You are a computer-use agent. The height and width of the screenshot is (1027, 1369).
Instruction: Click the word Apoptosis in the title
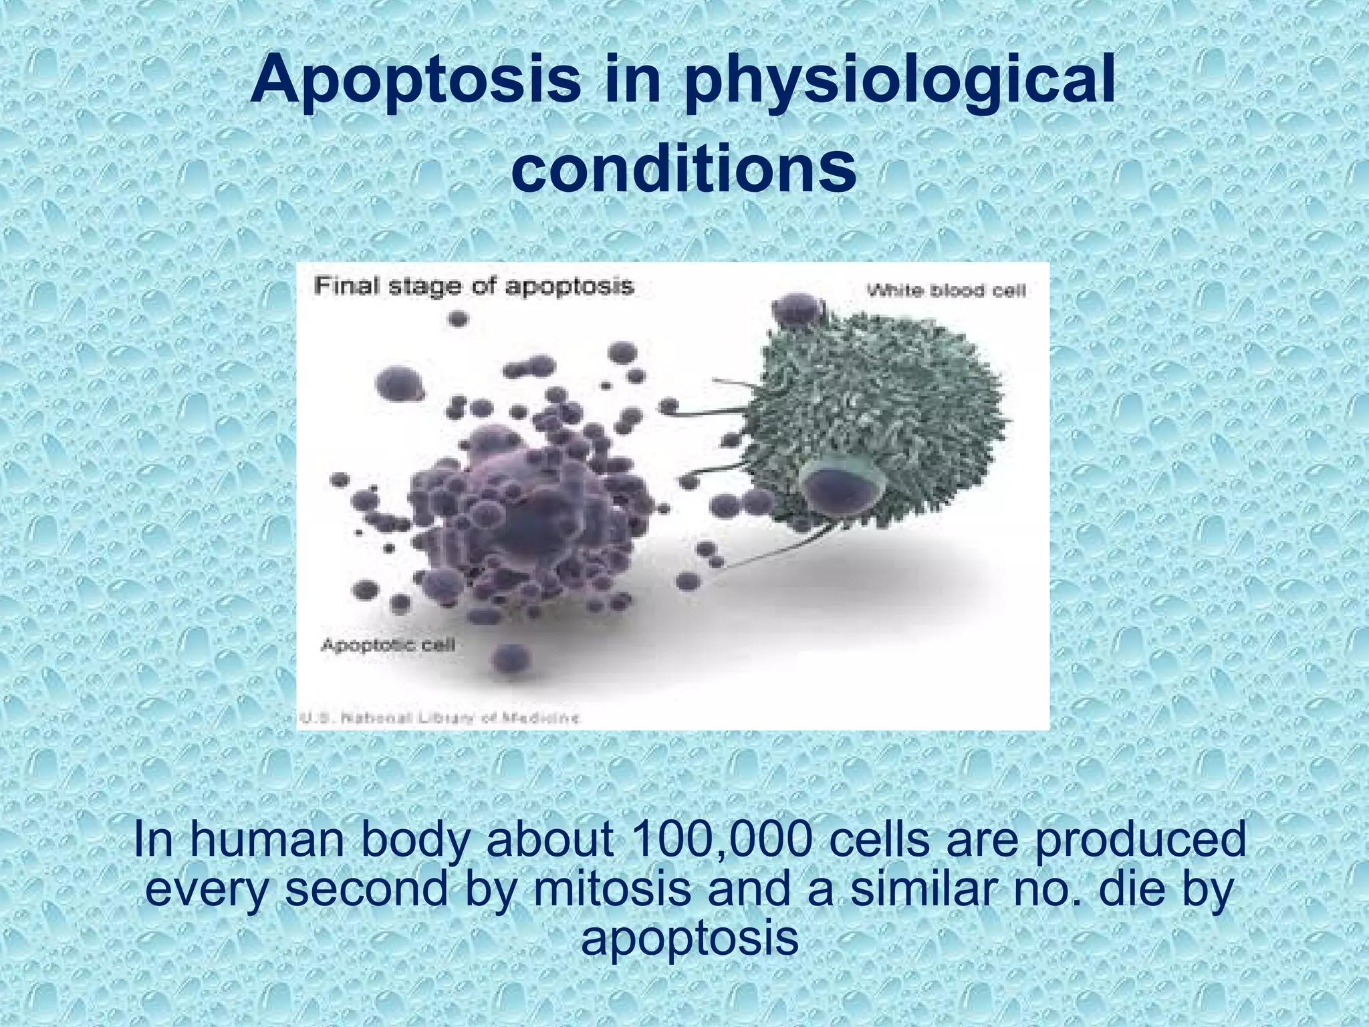pos(415,82)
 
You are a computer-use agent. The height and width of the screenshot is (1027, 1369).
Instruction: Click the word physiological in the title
pos(899,82)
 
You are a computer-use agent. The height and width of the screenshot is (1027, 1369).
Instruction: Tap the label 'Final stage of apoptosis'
pos(474,287)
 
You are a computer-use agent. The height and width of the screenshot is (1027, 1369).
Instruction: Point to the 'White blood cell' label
pos(946,291)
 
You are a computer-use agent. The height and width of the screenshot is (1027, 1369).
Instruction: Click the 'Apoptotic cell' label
pos(388,645)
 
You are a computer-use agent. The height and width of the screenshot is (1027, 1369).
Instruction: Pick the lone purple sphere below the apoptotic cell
pos(511,658)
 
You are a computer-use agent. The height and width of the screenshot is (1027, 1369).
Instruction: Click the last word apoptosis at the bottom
pos(689,938)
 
